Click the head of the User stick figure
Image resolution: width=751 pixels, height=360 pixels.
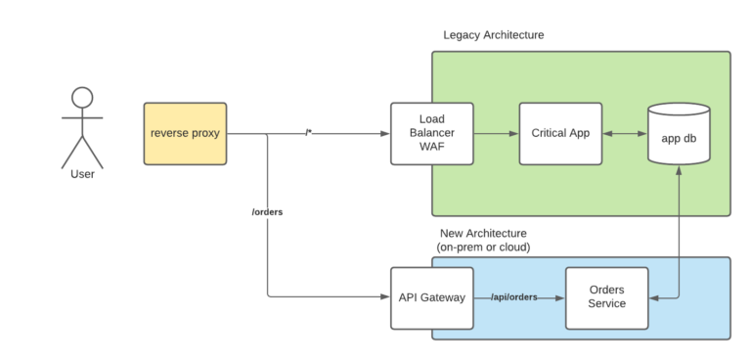[x=82, y=97]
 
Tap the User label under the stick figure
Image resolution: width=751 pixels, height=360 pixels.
[x=82, y=175]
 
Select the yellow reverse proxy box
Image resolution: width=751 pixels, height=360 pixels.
[x=184, y=133]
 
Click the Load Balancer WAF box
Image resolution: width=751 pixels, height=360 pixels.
[x=431, y=133]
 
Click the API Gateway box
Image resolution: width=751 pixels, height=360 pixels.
[x=431, y=297]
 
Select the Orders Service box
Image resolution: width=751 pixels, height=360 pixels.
[x=606, y=297]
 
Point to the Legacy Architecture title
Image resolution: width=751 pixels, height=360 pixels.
[x=493, y=35]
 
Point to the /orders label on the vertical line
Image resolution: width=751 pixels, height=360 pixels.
[x=267, y=211]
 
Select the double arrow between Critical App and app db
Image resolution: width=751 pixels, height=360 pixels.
[x=621, y=133]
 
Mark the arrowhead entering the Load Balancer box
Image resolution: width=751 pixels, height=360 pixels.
[x=385, y=133]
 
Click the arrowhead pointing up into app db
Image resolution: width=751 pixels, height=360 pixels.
[x=679, y=169]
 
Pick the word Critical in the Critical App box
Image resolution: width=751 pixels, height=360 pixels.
[x=547, y=133]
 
